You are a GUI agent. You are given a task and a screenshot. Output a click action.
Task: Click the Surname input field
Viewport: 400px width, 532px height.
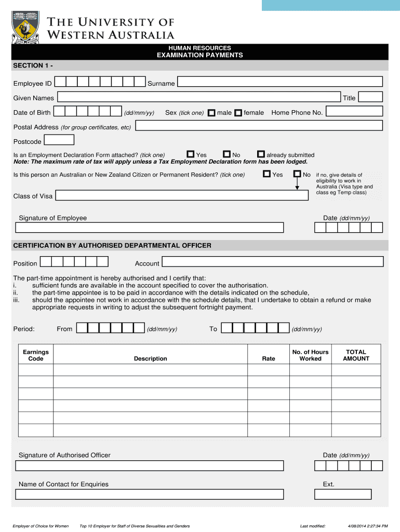click(x=280, y=82)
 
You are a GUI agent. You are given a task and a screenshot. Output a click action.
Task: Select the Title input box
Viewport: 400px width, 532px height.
click(x=370, y=97)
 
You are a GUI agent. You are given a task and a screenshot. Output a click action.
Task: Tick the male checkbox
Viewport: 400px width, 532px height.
click(x=211, y=113)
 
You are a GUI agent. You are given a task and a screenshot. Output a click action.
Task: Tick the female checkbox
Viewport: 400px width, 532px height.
click(x=238, y=113)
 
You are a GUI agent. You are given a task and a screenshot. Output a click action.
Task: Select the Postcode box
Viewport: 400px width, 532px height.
click(x=59, y=140)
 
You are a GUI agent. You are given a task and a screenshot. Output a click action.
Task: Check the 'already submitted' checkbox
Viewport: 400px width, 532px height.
click(x=261, y=154)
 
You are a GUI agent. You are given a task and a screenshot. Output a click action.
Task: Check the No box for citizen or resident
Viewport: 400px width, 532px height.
click(x=297, y=174)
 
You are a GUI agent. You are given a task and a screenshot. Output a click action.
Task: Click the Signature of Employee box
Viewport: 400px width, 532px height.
click(x=150, y=228)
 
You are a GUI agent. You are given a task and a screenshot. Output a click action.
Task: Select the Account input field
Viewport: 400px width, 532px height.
click(x=272, y=262)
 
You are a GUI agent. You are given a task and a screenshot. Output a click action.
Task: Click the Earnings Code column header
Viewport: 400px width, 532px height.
click(x=36, y=355)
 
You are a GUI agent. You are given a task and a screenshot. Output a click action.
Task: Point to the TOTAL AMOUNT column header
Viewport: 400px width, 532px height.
click(x=356, y=355)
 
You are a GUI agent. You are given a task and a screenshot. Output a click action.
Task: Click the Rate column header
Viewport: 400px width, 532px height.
click(x=269, y=358)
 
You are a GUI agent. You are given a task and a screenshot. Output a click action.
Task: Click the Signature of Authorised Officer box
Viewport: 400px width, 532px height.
click(x=150, y=465)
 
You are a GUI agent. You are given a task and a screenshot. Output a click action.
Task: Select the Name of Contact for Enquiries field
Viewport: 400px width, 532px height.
click(x=150, y=494)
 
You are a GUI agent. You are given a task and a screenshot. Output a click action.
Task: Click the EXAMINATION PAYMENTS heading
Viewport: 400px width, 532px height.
click(x=199, y=55)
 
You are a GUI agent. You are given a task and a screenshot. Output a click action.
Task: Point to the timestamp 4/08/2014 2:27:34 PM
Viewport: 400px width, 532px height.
click(x=367, y=526)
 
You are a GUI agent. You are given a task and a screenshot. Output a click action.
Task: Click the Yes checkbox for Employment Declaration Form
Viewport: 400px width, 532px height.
click(x=191, y=154)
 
